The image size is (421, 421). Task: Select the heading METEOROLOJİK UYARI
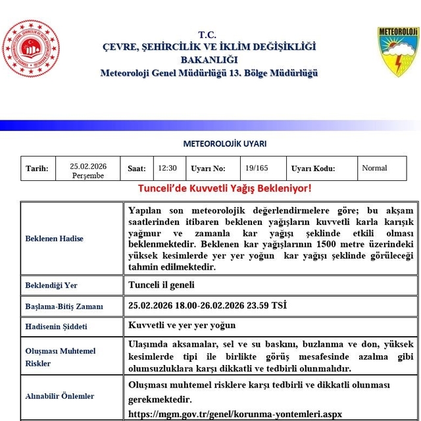click(x=224, y=144)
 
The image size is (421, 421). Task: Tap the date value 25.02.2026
click(x=88, y=166)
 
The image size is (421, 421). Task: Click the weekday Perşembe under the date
click(x=88, y=176)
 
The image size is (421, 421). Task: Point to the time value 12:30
click(x=168, y=168)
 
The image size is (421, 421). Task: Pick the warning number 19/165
click(x=256, y=168)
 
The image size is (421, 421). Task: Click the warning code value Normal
click(x=374, y=168)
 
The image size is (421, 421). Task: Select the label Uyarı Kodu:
click(x=313, y=168)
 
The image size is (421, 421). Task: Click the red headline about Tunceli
click(x=224, y=189)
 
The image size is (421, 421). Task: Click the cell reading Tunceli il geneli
click(x=161, y=285)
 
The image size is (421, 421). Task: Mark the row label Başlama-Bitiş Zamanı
click(x=64, y=306)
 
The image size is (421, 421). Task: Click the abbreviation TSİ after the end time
click(x=278, y=305)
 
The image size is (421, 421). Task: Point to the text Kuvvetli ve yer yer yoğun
click(x=182, y=326)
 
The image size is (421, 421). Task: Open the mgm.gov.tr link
click(x=235, y=414)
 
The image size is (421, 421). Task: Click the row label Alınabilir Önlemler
click(x=60, y=396)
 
